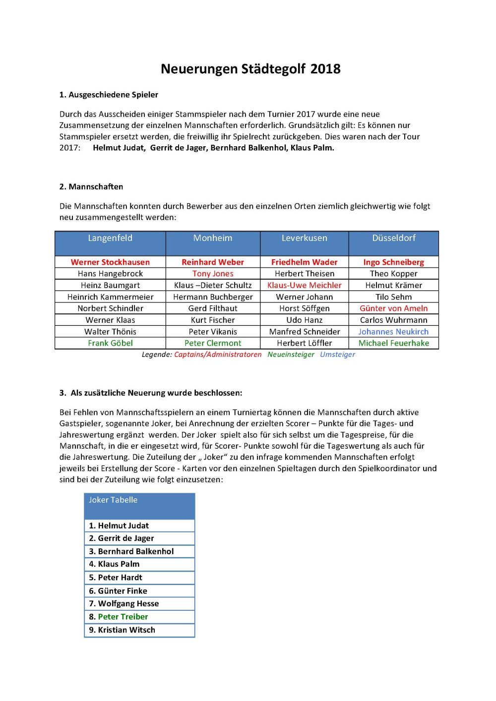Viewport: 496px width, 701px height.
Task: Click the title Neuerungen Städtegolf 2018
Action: pos(250,69)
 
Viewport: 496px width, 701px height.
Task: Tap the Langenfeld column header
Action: pos(110,238)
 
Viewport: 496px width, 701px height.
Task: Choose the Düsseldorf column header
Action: pos(394,238)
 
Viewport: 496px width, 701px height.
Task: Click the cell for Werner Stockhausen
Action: pos(110,262)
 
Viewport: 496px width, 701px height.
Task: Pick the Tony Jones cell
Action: pos(213,274)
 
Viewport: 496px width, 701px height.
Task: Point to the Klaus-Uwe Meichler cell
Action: pos(304,285)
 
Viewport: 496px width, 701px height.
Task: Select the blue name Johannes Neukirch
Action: pos(393,332)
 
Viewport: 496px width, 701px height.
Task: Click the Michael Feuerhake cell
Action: pos(394,343)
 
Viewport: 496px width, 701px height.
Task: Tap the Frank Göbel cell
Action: pos(110,343)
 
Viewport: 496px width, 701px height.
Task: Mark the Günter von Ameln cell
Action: pos(393,308)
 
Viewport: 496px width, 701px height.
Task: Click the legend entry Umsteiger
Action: pos(337,354)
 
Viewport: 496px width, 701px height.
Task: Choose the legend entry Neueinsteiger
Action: pos(291,354)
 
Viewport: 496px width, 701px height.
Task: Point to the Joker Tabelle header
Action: pos(113,500)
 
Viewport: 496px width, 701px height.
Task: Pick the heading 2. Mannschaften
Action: pos(91,187)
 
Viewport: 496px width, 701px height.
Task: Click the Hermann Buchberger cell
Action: pos(213,297)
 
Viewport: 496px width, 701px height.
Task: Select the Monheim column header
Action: pos(213,238)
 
